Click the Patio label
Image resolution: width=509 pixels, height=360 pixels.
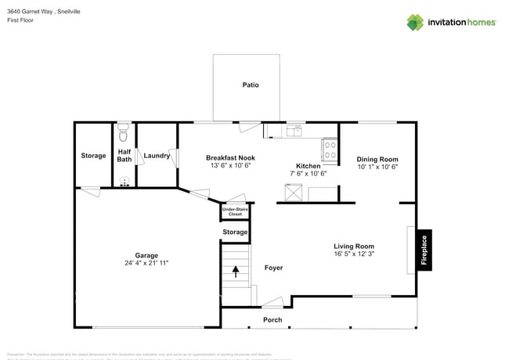pos(250,85)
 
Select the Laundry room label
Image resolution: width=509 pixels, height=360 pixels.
pos(157,156)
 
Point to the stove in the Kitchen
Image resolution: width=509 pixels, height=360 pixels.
pos(330,149)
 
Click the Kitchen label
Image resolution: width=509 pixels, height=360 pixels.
pos(308,166)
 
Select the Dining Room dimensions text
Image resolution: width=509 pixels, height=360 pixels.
pos(377,167)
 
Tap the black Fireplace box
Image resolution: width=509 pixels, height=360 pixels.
pos(424,250)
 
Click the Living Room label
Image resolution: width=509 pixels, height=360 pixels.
pos(354,246)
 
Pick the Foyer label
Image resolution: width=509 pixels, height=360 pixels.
pos(273,268)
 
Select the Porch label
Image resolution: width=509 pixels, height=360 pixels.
pos(273,320)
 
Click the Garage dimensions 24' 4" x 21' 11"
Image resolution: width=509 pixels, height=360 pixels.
pos(146,264)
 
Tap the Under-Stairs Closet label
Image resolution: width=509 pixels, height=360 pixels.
pos(235,211)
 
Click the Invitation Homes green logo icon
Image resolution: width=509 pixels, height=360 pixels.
pos(415,22)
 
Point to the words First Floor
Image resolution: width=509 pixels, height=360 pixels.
pos(20,20)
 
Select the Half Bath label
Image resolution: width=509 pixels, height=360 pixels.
pos(124,156)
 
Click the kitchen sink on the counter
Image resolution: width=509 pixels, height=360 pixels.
pos(295,129)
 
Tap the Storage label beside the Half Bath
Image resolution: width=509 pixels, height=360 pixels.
pos(93,156)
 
